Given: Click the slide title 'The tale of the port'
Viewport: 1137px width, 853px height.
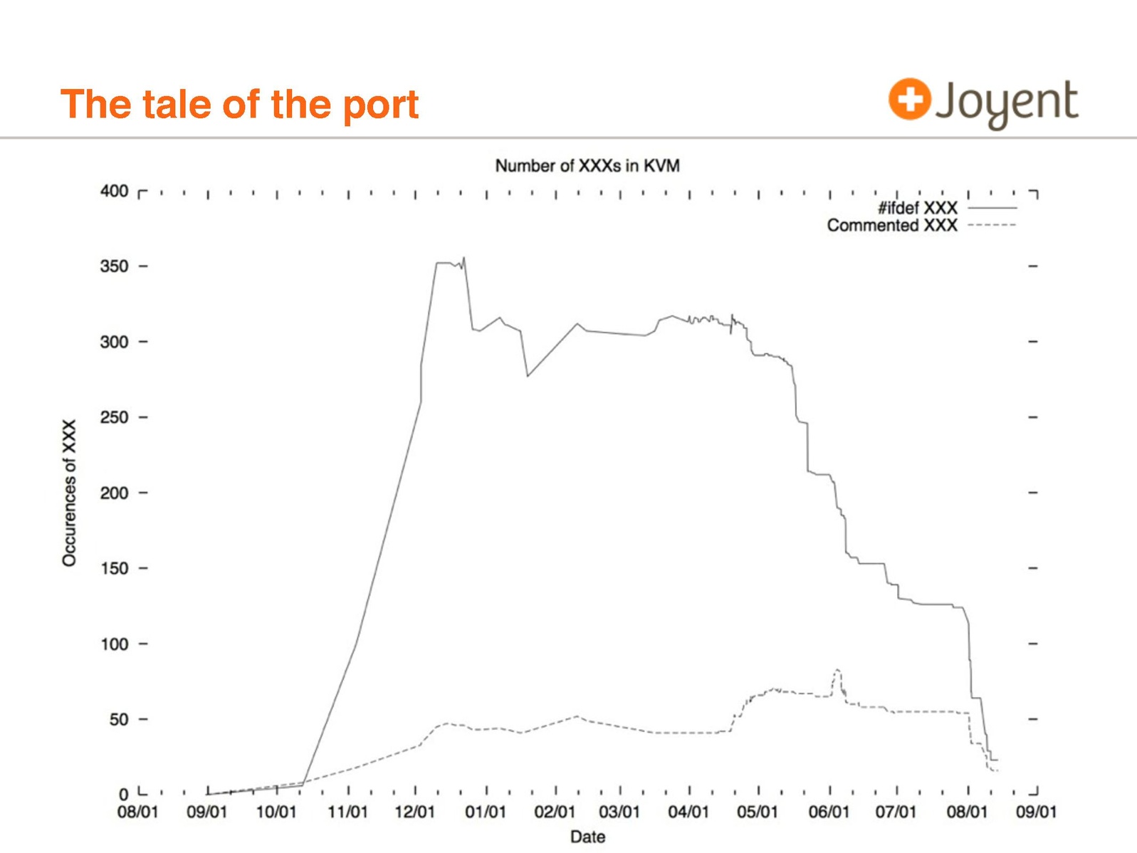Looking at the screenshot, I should tap(239, 104).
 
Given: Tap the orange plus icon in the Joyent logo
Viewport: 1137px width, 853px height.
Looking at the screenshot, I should tap(909, 98).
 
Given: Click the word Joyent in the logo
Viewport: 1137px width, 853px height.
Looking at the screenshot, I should tap(1007, 103).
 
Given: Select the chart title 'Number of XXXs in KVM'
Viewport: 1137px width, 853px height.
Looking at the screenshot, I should tap(587, 166).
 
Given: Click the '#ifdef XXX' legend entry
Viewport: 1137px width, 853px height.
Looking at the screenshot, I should tap(917, 208).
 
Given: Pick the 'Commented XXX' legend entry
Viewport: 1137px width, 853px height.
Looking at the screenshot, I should tap(892, 226).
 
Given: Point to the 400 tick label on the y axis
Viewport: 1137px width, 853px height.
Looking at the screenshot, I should tap(114, 191).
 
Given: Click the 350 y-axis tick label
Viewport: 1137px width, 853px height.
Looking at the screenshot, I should tap(114, 266).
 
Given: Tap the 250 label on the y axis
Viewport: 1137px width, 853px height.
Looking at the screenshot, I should tap(114, 417).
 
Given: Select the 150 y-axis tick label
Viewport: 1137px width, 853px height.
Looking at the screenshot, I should tap(114, 568).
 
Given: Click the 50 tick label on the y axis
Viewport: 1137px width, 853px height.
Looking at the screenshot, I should tap(118, 719).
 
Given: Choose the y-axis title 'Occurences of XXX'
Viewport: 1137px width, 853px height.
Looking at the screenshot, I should tap(69, 493).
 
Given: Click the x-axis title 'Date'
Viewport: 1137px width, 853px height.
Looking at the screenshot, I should tap(587, 837).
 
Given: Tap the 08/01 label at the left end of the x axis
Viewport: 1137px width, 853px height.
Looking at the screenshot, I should tap(137, 812).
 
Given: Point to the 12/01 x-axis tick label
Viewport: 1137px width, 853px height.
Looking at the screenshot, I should tap(415, 812).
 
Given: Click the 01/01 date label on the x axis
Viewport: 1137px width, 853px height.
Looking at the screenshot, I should tap(486, 812).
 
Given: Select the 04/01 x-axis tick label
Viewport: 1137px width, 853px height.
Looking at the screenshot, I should tap(688, 812).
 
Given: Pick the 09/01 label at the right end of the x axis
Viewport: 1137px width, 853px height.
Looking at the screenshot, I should tap(1036, 812).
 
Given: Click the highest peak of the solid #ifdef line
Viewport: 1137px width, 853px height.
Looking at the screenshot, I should tap(464, 258).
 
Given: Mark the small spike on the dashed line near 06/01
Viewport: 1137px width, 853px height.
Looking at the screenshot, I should tap(838, 670).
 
